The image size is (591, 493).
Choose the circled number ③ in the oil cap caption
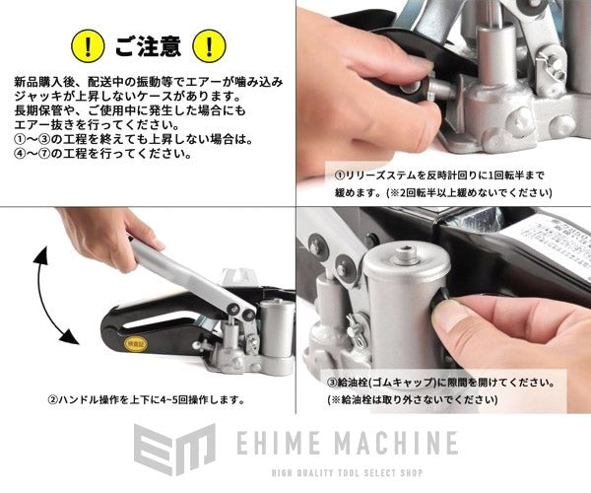tap(332, 381)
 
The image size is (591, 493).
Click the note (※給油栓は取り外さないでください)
tap(419, 400)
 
